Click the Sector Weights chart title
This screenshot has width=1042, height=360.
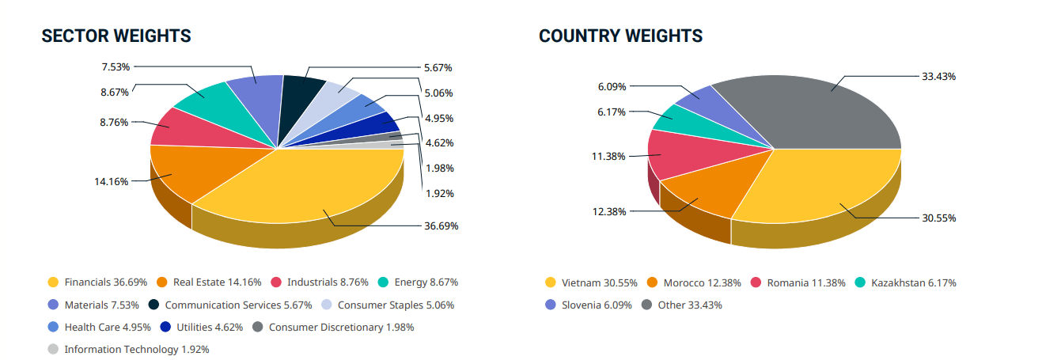[x=116, y=36]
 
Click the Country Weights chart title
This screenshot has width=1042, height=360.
[x=620, y=36]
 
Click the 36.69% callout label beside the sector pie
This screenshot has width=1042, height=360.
[x=441, y=225]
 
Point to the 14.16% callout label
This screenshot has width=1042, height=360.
[x=111, y=182]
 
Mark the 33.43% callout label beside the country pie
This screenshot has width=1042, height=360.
[x=938, y=77]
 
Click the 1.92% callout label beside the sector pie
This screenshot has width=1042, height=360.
[x=439, y=194]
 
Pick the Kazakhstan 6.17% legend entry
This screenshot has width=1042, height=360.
[x=906, y=282]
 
